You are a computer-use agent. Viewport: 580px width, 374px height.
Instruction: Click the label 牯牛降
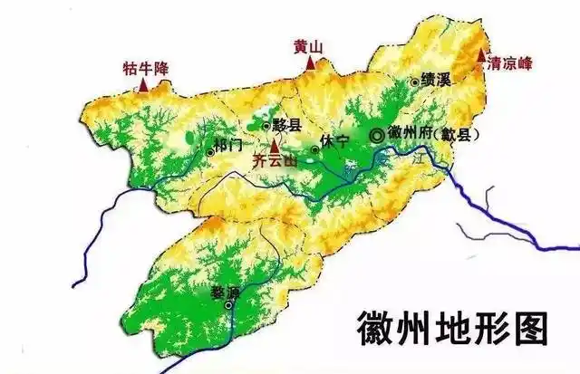(146, 67)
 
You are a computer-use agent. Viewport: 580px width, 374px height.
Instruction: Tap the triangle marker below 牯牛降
(143, 84)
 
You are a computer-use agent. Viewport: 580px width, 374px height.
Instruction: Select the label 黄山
(309, 46)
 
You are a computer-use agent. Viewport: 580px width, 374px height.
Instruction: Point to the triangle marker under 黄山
(310, 62)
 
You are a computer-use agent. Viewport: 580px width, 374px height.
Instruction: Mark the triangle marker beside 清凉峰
(481, 56)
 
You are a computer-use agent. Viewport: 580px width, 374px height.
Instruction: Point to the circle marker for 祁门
(210, 151)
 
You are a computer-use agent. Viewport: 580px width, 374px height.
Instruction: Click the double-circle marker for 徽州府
(376, 135)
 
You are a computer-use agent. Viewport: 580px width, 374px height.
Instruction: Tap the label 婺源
(222, 293)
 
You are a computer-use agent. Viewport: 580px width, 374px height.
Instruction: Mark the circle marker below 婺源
(228, 305)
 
